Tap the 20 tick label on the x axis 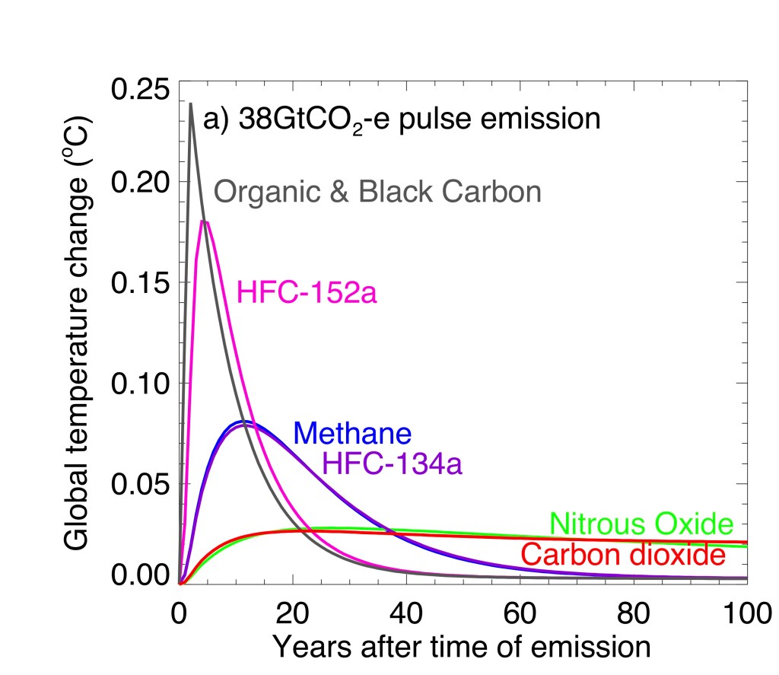(x=293, y=613)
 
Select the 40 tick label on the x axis (x=406, y=613)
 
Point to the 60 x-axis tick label (x=520, y=613)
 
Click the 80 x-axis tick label (x=634, y=613)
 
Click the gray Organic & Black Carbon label (x=377, y=191)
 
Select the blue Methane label (x=352, y=433)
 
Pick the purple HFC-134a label (x=393, y=462)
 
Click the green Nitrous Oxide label (x=641, y=524)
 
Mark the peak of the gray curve (x=190, y=103)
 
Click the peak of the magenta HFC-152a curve (x=204, y=221)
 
